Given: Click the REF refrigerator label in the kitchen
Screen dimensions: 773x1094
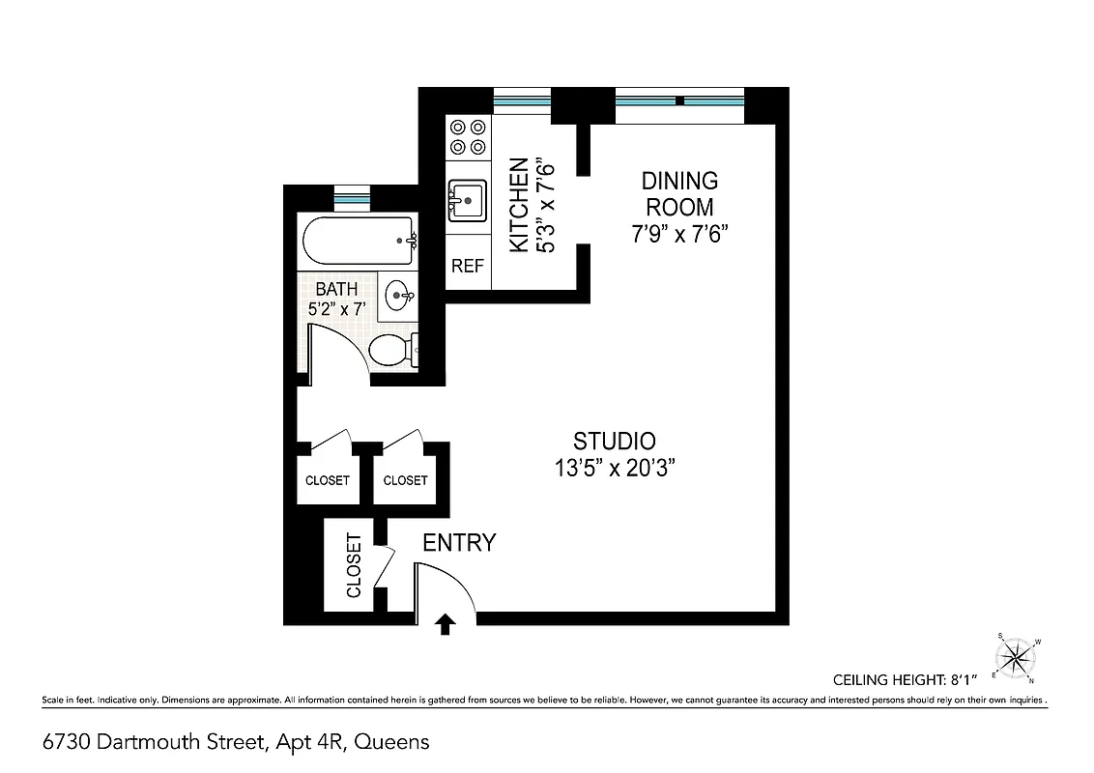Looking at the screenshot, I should [x=468, y=267].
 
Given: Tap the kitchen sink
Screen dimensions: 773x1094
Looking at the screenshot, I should [x=468, y=202].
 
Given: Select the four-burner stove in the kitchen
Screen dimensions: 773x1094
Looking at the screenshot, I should [x=468, y=136].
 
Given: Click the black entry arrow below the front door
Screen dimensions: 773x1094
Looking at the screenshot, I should [x=446, y=625].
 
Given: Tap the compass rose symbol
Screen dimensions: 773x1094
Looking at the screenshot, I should [x=1016, y=659].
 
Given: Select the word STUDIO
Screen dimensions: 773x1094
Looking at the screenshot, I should [x=615, y=442].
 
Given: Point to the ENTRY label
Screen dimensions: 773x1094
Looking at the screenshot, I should [x=459, y=543].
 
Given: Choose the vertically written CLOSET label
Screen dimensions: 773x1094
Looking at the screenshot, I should [x=354, y=565].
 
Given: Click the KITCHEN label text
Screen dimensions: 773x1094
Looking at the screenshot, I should [x=519, y=205].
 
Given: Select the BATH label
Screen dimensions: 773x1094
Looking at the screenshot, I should [x=336, y=289].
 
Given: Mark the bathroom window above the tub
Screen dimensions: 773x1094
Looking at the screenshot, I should [x=352, y=198].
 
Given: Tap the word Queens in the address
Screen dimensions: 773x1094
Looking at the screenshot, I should [x=391, y=742].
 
